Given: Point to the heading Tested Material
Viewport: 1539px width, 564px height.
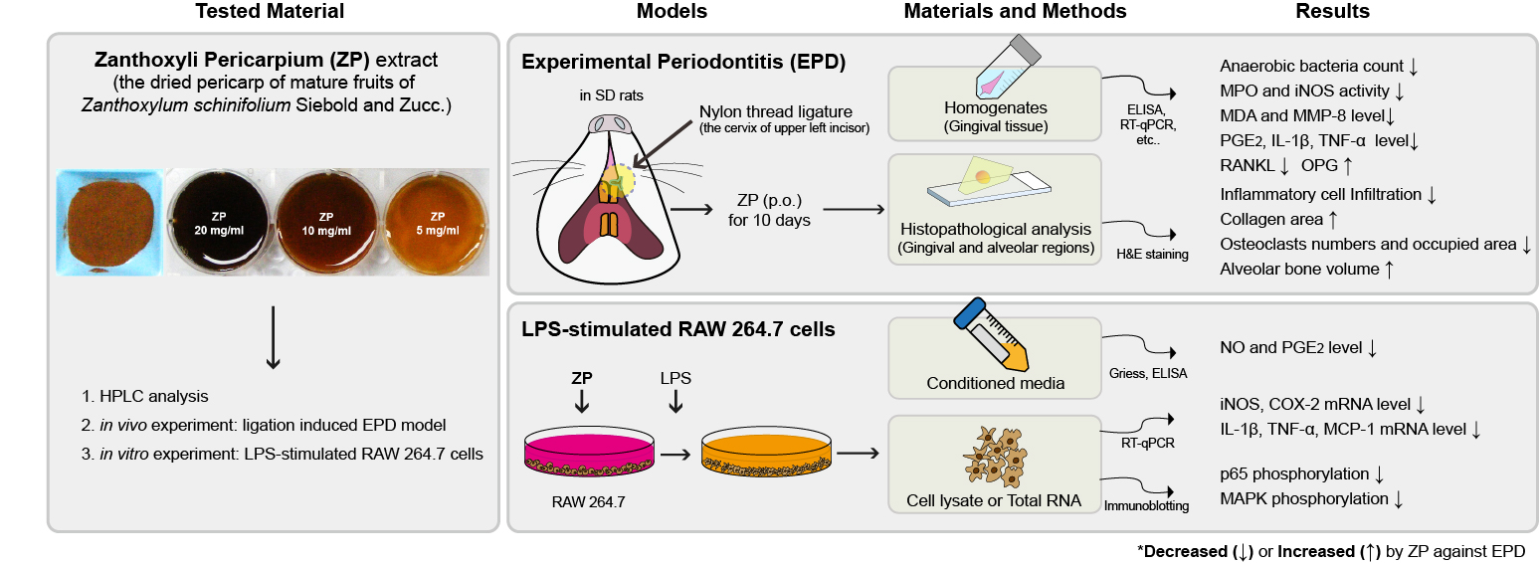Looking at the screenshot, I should click(x=271, y=12).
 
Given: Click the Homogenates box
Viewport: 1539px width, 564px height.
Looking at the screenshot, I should click(x=994, y=102).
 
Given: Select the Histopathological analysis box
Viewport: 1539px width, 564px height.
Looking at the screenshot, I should click(x=994, y=208).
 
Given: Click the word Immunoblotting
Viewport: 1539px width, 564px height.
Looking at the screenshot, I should click(x=1146, y=506).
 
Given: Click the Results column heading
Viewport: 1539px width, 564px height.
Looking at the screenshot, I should click(x=1332, y=12).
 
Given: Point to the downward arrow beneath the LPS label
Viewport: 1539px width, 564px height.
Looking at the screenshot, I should click(x=676, y=401).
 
